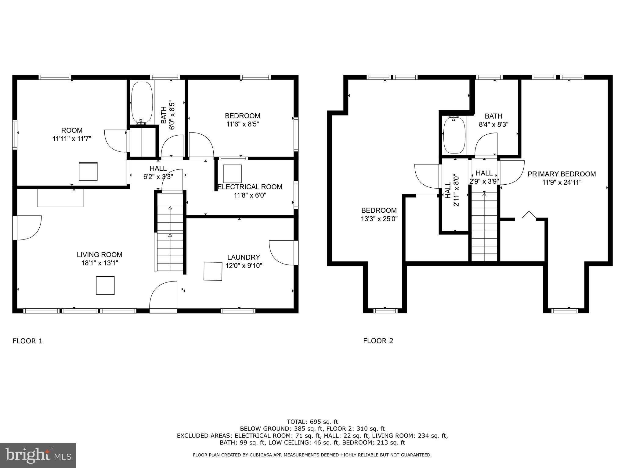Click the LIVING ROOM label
tap(99, 254)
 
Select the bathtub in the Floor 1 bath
tap(142, 103)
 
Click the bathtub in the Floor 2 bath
tap(454, 135)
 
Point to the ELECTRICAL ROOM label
tap(250, 187)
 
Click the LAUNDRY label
tap(244, 257)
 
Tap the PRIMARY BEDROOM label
tap(562, 174)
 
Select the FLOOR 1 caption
tap(27, 341)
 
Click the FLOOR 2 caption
tap(378, 341)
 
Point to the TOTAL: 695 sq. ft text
tap(312, 422)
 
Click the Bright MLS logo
tap(38, 455)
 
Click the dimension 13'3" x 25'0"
tap(379, 219)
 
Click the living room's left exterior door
tap(27, 227)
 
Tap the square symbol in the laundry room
tap(213, 271)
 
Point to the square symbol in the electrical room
tap(232, 174)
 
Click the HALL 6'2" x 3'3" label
tap(158, 172)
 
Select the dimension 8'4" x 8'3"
tap(493, 125)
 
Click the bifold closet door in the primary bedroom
tap(529, 215)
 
